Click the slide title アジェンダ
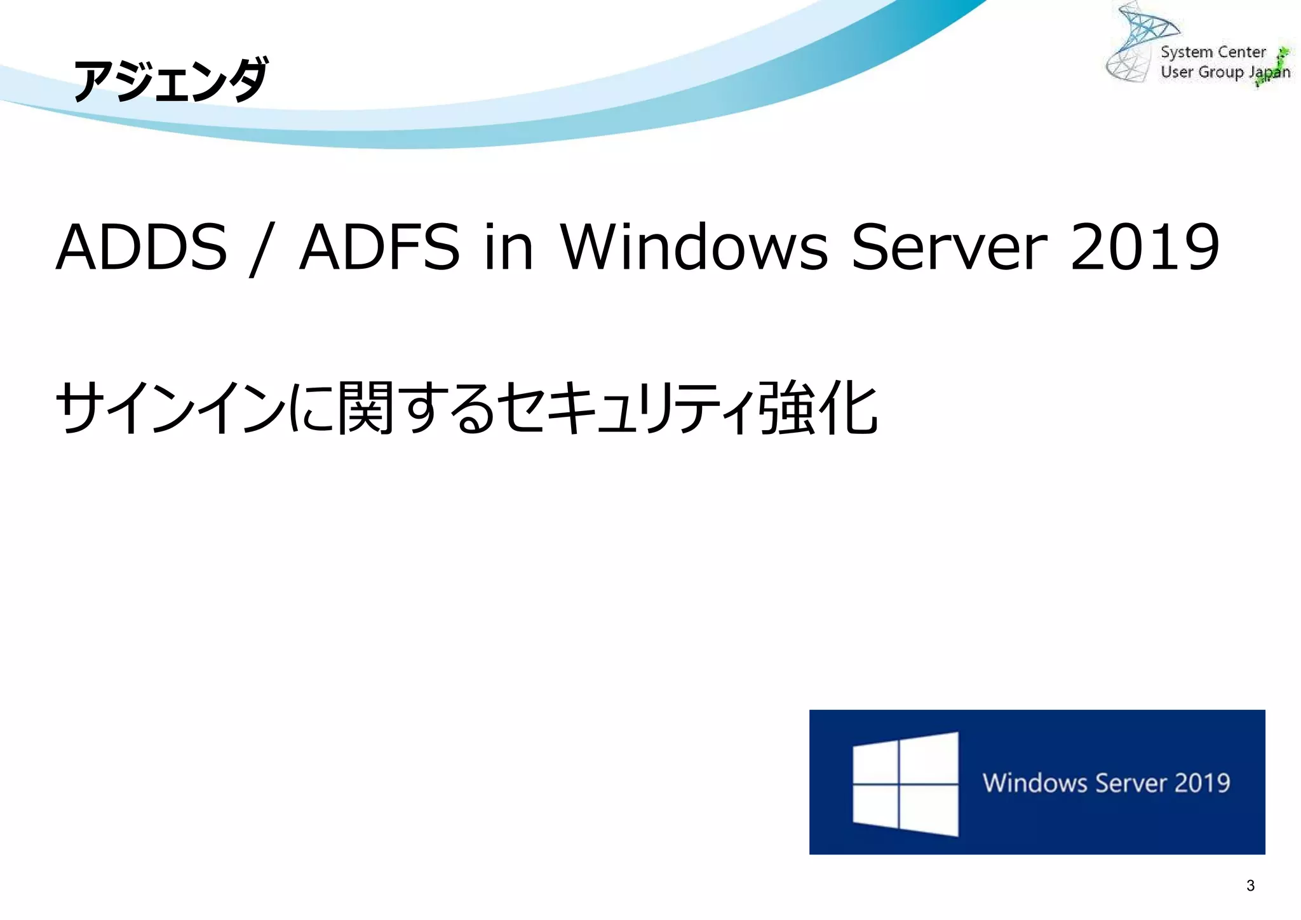170,81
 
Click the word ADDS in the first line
142,247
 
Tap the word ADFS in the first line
379,247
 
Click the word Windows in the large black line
694,247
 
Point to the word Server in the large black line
949,247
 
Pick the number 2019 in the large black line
1145,247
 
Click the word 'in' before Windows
508,247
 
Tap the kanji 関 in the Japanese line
366,408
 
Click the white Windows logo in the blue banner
905,784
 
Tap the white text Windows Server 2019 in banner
1107,783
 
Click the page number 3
1250,886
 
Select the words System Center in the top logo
1213,52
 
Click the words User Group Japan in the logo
1225,72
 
